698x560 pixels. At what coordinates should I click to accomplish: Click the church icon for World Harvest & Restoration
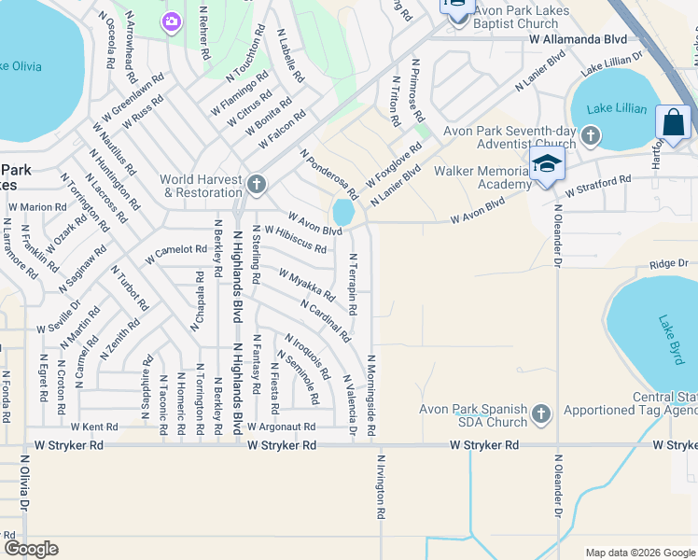point(257,184)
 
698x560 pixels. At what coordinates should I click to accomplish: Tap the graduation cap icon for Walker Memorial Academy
point(547,165)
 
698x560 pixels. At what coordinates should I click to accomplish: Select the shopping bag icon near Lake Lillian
point(673,122)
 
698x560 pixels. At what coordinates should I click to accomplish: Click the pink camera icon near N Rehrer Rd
point(171,21)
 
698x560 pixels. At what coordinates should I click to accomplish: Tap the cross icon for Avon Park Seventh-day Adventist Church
point(589,137)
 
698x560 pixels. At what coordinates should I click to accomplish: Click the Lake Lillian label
point(617,109)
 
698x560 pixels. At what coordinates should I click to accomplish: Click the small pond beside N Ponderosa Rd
point(342,212)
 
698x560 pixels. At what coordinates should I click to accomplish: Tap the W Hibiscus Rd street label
point(296,240)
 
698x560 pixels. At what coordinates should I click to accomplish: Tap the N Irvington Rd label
point(382,486)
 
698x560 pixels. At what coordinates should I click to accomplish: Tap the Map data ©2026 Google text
point(639,553)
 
